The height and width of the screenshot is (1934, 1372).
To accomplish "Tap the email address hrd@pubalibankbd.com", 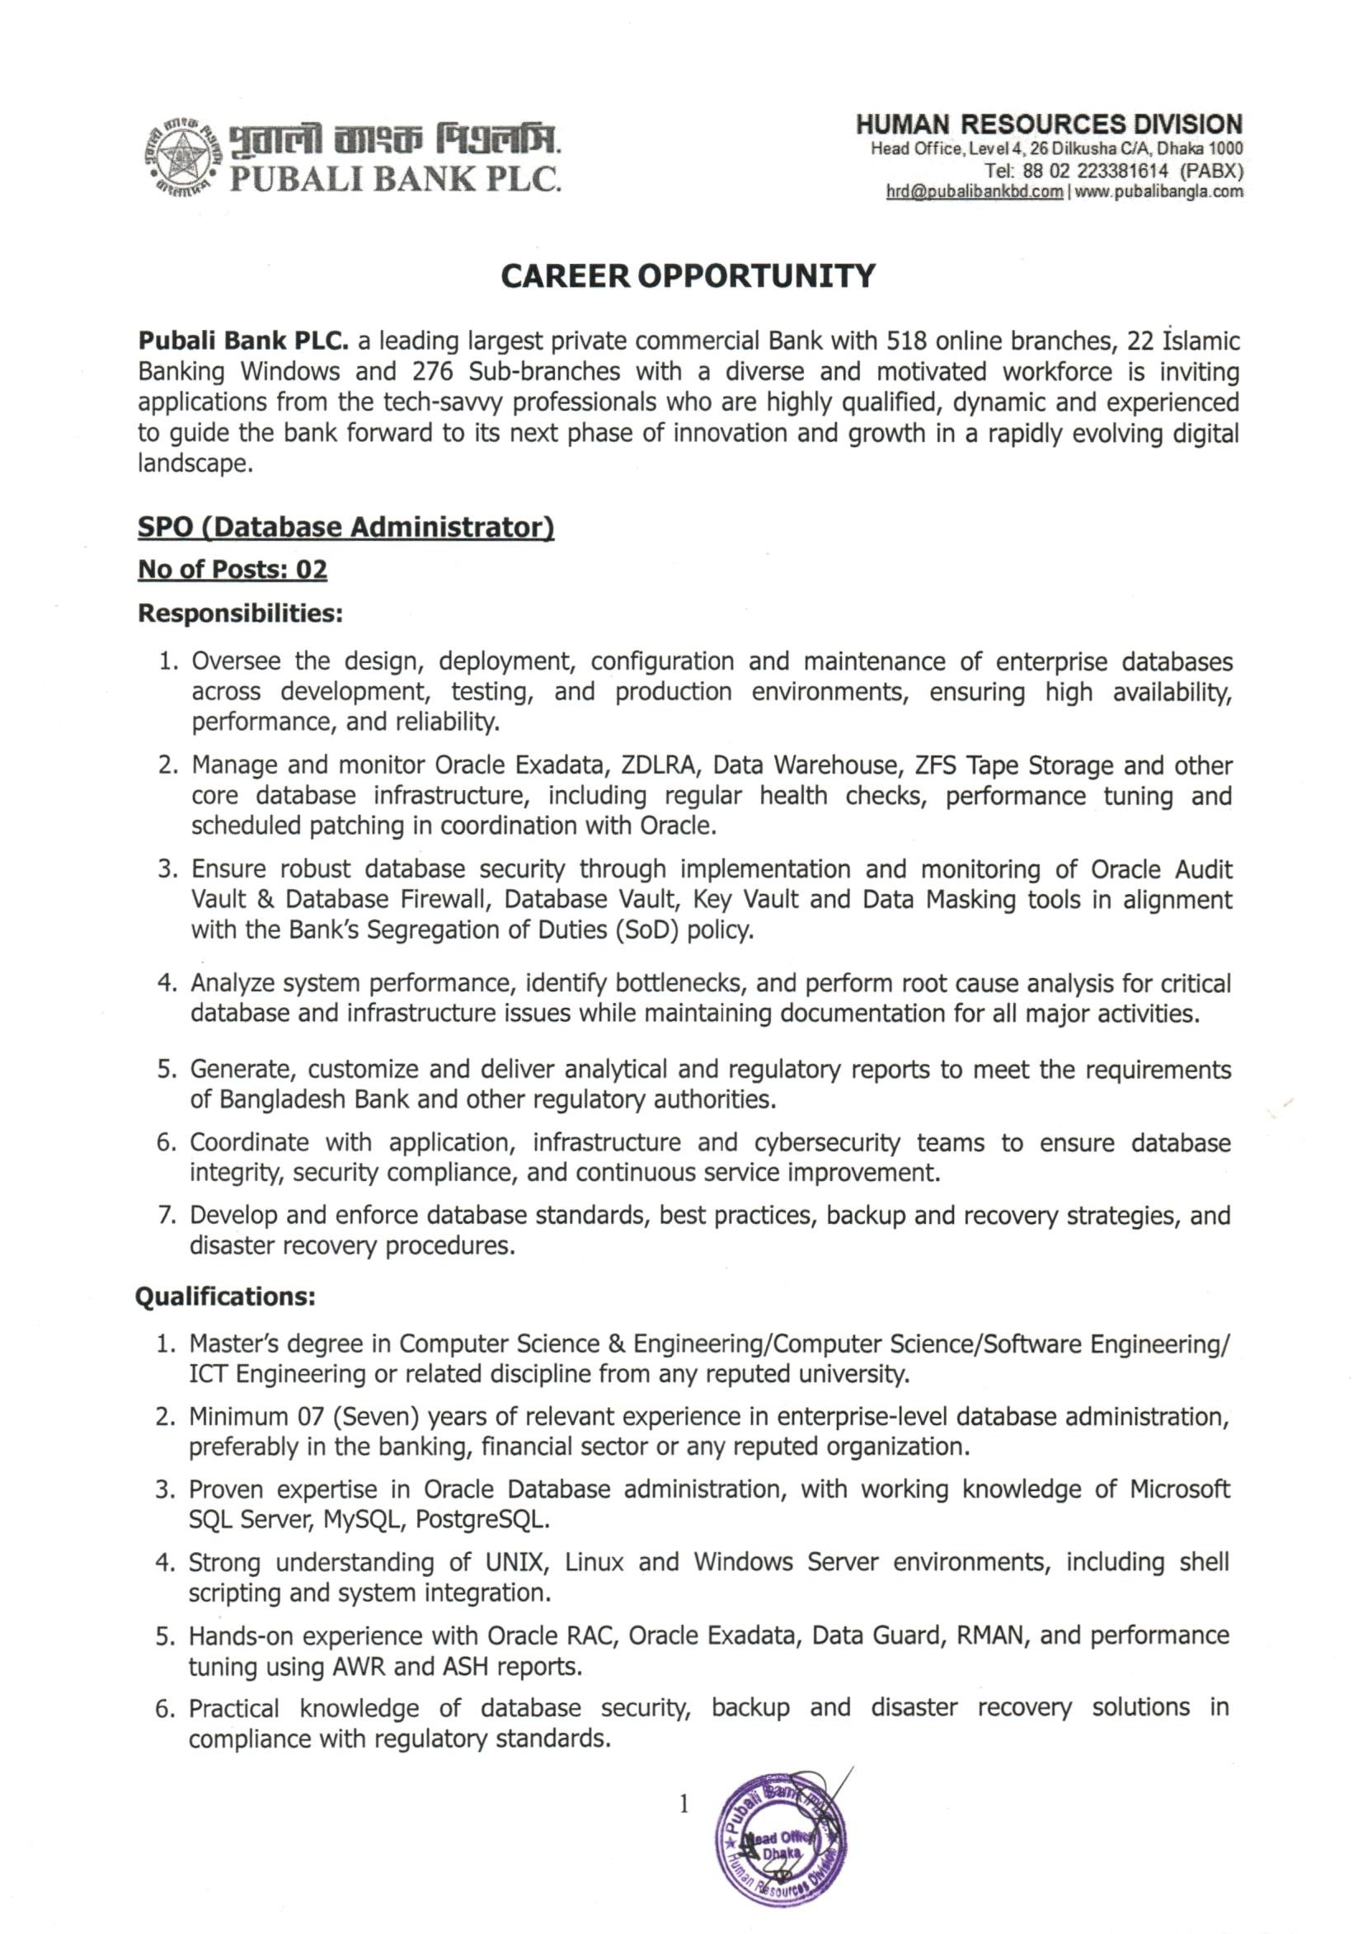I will coord(974,192).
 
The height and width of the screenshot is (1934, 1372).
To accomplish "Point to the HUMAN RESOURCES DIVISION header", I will coord(1050,125).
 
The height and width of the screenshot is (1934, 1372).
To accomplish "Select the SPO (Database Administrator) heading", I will coord(345,527).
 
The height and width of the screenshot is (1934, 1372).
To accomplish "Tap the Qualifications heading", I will coord(226,1296).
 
